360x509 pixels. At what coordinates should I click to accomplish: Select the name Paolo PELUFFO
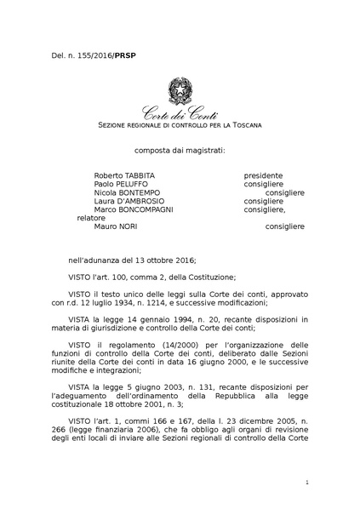point(117,184)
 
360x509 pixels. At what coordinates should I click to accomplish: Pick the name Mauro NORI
point(115,226)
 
